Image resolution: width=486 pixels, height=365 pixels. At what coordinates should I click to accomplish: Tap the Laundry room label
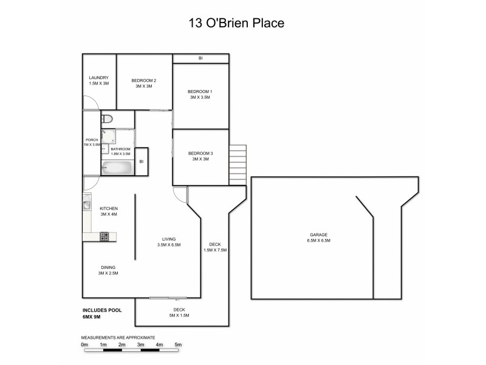click(x=98, y=80)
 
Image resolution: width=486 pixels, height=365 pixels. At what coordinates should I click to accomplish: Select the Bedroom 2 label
click(x=144, y=83)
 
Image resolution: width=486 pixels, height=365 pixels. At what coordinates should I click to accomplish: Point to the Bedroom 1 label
click(x=200, y=94)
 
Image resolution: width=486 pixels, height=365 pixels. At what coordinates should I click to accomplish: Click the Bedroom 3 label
click(x=200, y=156)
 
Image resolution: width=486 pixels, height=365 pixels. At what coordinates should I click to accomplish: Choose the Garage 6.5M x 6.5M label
click(x=318, y=237)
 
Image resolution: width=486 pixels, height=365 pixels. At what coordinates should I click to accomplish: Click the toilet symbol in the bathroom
click(x=107, y=119)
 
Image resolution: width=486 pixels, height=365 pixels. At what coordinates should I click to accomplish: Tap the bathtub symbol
click(x=117, y=167)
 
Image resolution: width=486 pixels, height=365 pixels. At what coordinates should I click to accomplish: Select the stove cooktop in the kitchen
click(x=104, y=236)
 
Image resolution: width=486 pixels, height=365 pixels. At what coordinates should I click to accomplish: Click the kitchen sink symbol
click(x=87, y=206)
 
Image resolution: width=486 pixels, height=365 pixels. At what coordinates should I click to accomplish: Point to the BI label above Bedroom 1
click(x=200, y=58)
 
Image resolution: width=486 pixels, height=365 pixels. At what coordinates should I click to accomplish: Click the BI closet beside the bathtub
click(x=141, y=162)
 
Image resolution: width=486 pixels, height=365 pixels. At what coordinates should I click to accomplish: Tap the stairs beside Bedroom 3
click(x=238, y=159)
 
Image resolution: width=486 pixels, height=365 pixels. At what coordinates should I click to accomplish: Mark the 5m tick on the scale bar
click(x=179, y=345)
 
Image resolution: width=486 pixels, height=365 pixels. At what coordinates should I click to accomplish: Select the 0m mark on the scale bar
click(x=84, y=345)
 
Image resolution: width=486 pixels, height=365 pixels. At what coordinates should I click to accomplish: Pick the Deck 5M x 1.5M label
click(x=180, y=313)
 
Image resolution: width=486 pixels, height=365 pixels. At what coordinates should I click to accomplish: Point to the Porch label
click(x=92, y=142)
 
